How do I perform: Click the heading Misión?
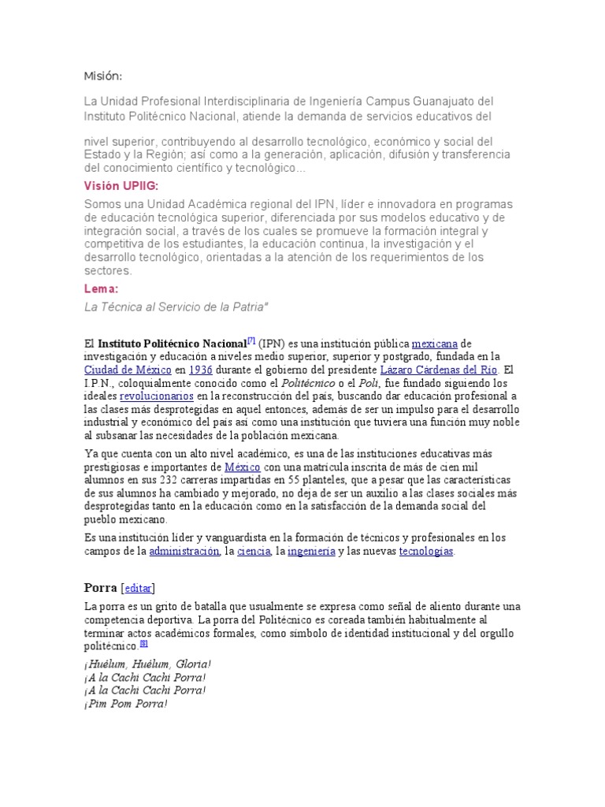102,76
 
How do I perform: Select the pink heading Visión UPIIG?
121,186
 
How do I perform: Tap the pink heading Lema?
101,289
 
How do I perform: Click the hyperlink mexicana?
435,344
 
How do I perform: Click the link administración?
184,552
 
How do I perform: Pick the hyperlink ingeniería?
310,552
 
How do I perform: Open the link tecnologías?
426,552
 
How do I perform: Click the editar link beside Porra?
138,588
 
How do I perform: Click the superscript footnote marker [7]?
251,340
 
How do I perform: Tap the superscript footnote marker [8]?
143,642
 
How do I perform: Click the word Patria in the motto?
247,307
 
